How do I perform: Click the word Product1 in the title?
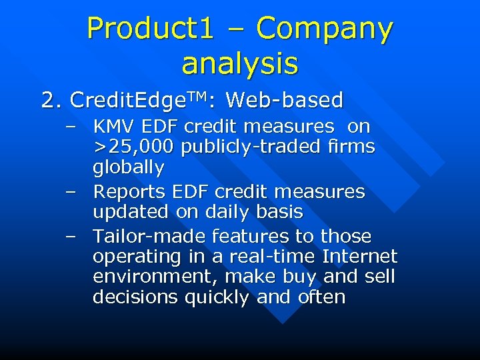(x=151, y=28)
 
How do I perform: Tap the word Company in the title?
(x=325, y=28)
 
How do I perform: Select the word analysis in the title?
(x=240, y=63)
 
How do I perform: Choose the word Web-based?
(x=285, y=101)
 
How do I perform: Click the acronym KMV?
(x=114, y=126)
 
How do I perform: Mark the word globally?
(x=128, y=166)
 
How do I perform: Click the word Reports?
(x=129, y=192)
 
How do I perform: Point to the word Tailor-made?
(x=149, y=236)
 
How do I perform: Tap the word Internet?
(x=359, y=256)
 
